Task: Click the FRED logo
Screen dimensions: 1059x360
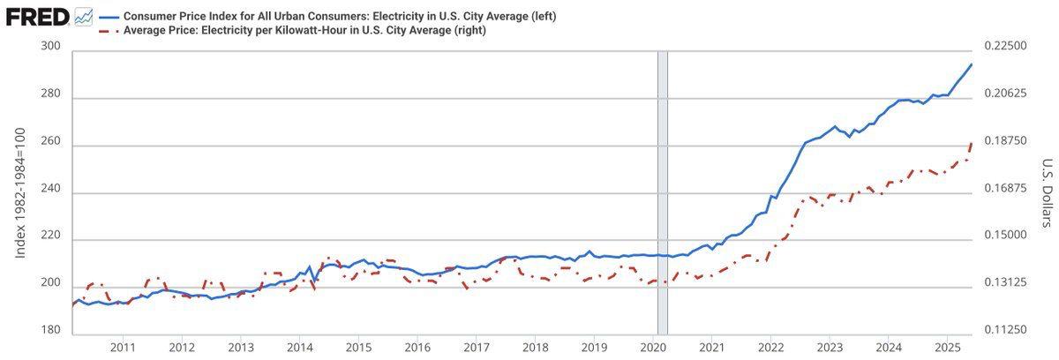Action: [37, 18]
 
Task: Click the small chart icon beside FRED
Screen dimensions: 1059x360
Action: [84, 18]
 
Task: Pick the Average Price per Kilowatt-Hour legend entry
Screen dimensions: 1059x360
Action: [292, 30]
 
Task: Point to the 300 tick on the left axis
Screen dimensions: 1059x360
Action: [50, 46]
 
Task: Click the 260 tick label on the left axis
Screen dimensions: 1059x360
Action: [50, 141]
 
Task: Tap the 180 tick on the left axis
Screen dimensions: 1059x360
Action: [50, 329]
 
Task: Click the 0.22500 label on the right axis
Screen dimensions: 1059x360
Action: [1005, 46]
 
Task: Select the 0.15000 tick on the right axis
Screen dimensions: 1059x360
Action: [1005, 235]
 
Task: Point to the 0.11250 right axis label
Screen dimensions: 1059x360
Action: [1005, 329]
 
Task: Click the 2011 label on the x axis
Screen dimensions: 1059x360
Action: [123, 348]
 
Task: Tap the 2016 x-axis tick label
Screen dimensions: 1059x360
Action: [417, 348]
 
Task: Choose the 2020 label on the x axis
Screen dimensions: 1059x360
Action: [653, 348]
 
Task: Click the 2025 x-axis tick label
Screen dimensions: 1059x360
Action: [948, 348]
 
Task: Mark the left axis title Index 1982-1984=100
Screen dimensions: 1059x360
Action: [19, 192]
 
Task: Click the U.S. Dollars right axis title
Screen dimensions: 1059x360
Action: [1048, 192]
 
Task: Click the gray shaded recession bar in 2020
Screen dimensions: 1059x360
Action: [663, 192]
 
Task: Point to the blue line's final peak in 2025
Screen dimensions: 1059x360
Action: [971, 64]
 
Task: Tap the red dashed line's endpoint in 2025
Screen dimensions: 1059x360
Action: [972, 143]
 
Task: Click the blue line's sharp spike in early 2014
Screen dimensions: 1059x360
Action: [310, 267]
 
